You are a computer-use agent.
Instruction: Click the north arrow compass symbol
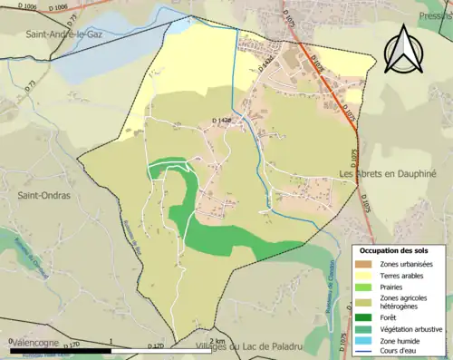click(x=405, y=49)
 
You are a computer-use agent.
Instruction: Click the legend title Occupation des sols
click(x=394, y=250)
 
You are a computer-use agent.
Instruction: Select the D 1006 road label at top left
click(x=27, y=7)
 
